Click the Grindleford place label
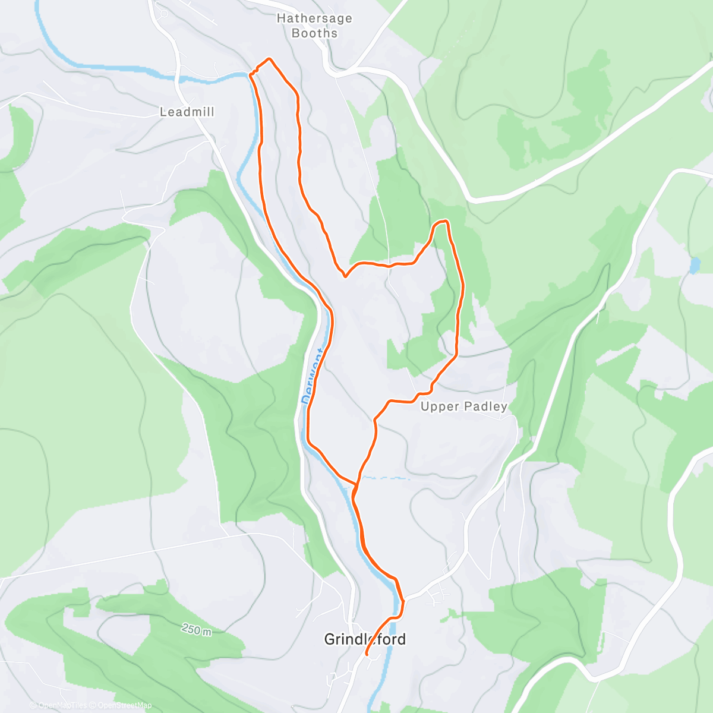[365, 639]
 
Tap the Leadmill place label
[187, 112]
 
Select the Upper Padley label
[464, 406]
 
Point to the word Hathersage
[314, 18]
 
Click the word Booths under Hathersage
[314, 33]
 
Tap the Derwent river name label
[314, 377]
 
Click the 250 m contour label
[196, 630]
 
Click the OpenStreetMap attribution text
[125, 706]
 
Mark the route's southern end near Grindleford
[366, 654]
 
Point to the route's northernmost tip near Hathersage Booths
[269, 59]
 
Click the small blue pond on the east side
[694, 265]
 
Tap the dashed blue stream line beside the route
[385, 477]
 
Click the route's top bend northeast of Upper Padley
[441, 222]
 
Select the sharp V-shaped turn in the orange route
[345, 276]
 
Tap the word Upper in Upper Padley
[440, 406]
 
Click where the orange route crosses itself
[356, 484]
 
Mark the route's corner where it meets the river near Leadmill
[251, 74]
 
